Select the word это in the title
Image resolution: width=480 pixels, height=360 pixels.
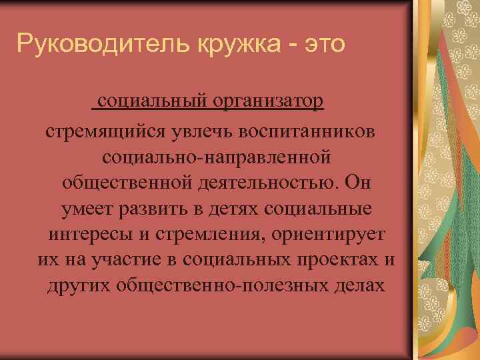click(x=323, y=45)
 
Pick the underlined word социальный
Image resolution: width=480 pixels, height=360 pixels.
click(x=152, y=103)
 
